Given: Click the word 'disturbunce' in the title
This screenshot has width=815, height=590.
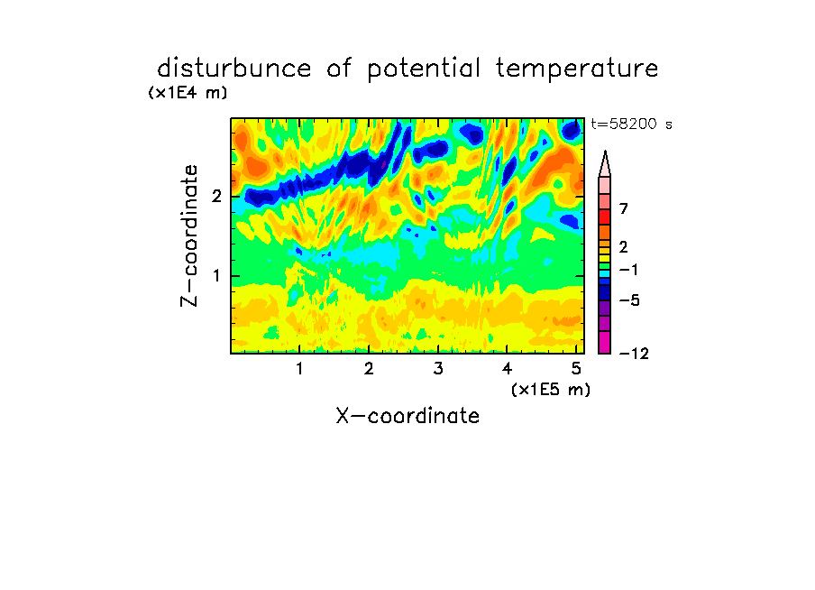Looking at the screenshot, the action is coord(234,69).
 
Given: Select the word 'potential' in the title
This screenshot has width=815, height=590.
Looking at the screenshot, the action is coord(424,69).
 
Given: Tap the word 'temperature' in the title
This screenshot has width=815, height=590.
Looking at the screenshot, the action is coord(577,69).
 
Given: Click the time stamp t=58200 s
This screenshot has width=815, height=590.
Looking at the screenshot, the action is coord(631,124).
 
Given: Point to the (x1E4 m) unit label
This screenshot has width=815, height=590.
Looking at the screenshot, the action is coord(188,93).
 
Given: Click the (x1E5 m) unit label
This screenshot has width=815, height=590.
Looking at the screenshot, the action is coord(551,389).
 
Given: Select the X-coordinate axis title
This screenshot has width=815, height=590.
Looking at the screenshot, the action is coord(407,416).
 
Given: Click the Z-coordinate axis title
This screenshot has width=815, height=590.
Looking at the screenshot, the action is coord(189,235).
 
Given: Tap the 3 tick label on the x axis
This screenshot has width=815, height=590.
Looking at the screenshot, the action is coord(438,368).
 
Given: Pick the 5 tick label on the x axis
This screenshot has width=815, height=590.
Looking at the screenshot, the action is coord(576,368).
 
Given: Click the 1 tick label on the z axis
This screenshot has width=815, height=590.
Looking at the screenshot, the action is coord(216,276).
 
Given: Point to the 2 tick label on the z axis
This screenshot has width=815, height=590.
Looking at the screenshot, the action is coord(216,197).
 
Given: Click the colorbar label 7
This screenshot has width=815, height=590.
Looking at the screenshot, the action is coord(624,208).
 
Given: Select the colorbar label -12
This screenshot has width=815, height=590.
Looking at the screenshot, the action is coord(634,354).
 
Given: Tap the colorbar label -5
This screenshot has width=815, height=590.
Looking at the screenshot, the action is coord(629,300).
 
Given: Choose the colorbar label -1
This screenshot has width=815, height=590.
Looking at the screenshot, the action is coord(628,270).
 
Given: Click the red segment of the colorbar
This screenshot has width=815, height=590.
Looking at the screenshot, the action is coord(605,217).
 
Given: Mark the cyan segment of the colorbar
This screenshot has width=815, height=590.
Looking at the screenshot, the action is coord(605,273).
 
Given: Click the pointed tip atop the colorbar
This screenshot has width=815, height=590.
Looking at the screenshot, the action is coord(605,152).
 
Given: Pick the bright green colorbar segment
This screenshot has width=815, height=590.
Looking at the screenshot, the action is coord(605,265).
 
